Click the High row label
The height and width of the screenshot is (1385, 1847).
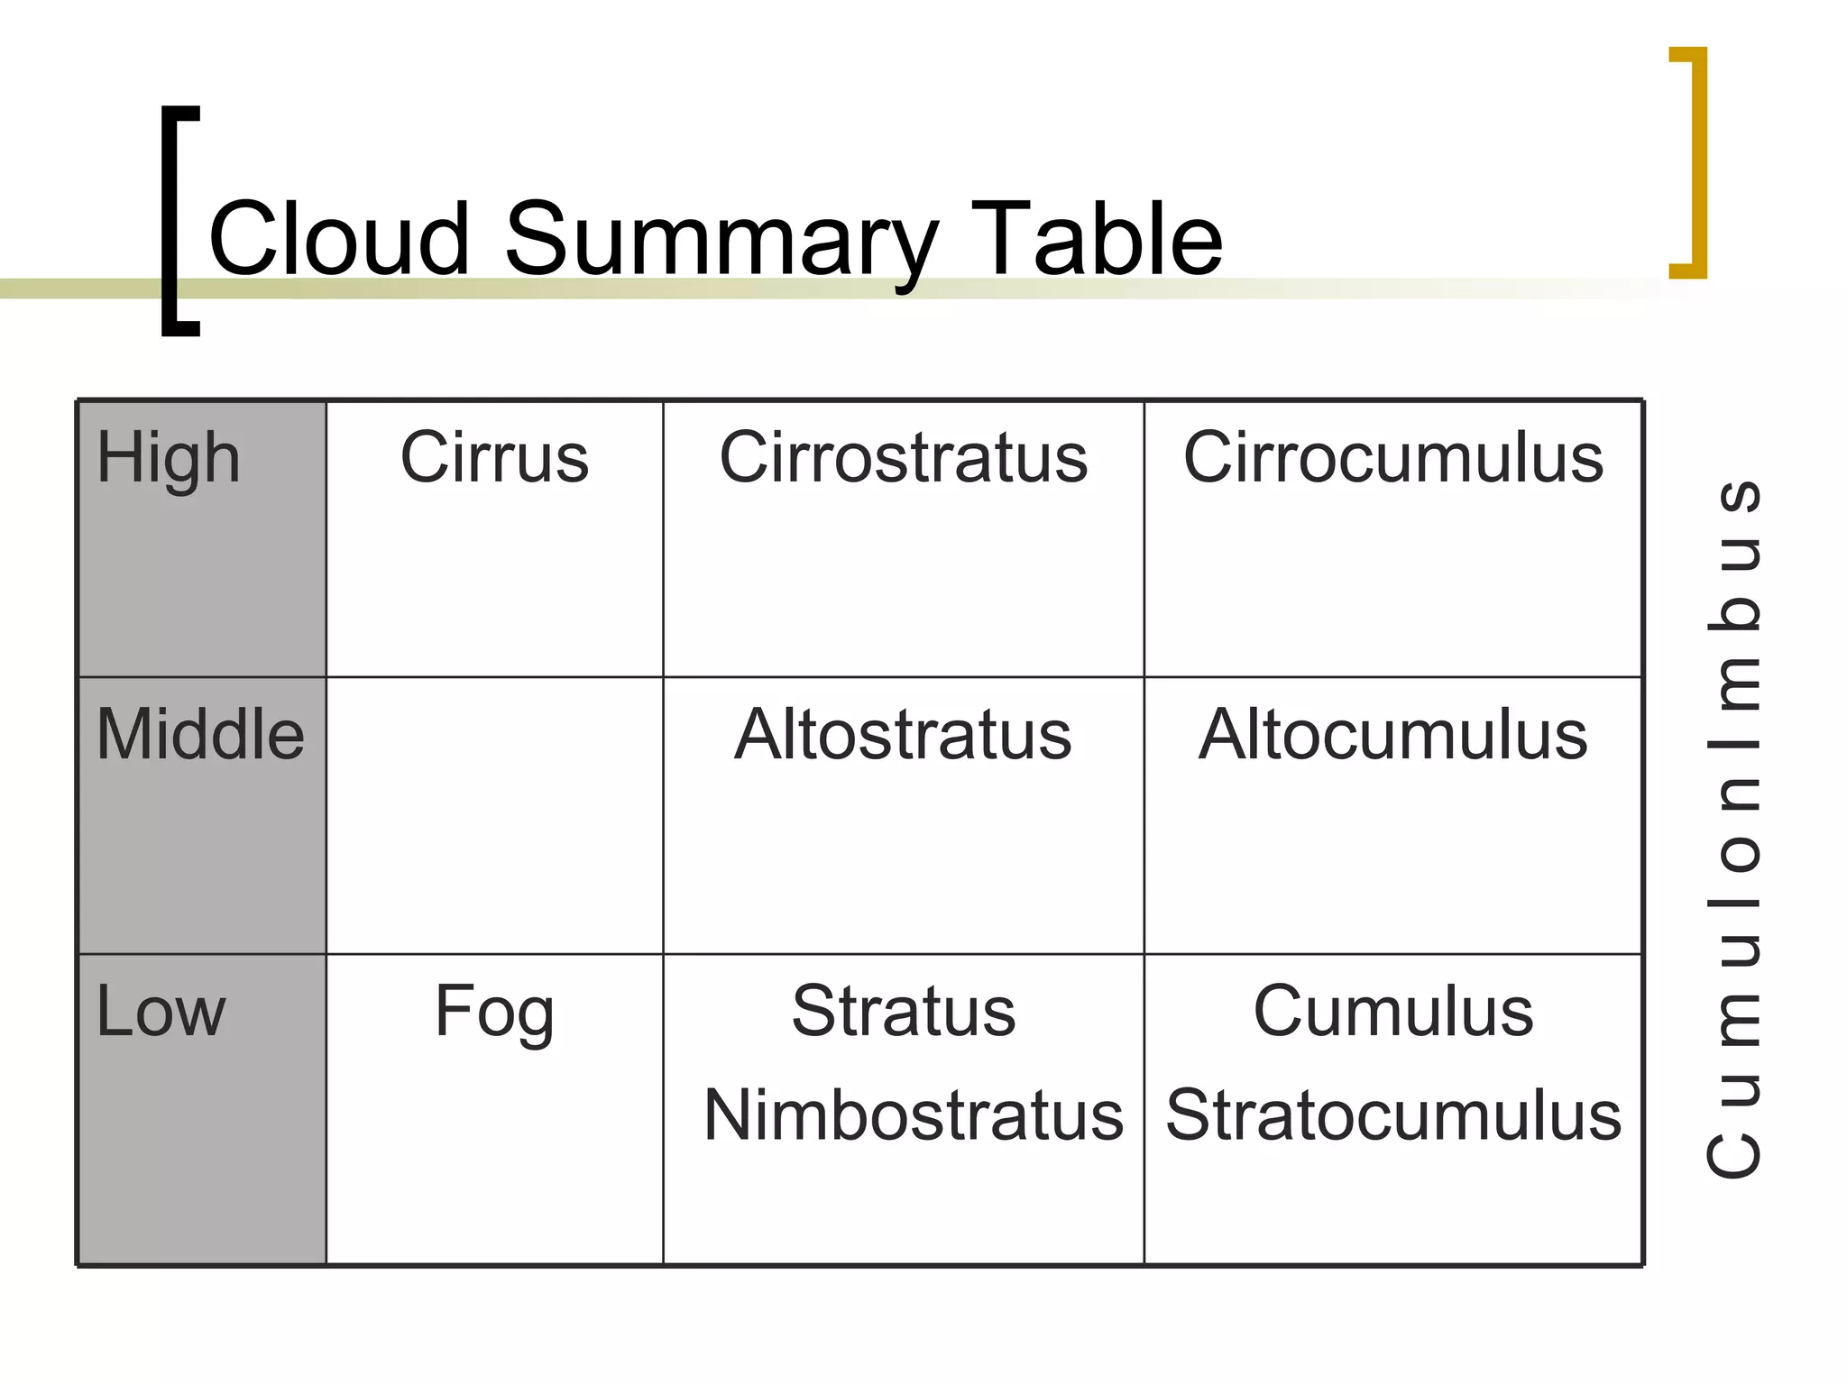[x=168, y=458]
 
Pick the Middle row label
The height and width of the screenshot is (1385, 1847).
[x=199, y=735]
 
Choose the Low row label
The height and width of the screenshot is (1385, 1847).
[x=161, y=1012]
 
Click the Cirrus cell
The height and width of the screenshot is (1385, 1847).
[x=494, y=458]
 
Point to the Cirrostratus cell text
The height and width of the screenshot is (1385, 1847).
[x=903, y=458]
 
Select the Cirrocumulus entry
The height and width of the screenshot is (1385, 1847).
[x=1392, y=458]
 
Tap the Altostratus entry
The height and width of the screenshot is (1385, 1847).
[x=903, y=735]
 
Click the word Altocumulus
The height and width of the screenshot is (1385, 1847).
[x=1392, y=735]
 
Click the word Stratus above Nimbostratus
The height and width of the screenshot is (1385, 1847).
[x=903, y=1012]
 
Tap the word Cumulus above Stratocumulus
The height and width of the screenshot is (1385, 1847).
[x=1392, y=1012]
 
